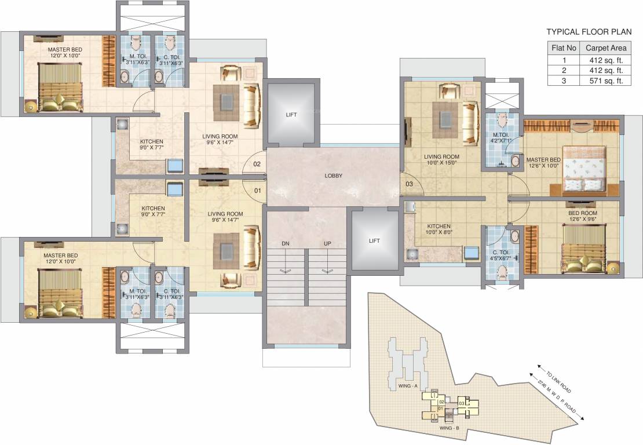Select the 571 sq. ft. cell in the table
(604, 81)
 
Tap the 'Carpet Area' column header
(606, 48)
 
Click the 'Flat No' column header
(564, 48)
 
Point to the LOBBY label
(334, 176)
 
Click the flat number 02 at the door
(257, 164)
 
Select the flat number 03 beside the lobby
(409, 184)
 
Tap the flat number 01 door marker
(258, 190)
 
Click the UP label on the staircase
(327, 243)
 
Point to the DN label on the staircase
(286, 243)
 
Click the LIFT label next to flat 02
(291, 115)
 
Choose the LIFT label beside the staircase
(374, 240)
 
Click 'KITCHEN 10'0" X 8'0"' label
(439, 229)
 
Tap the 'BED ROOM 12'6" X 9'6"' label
(583, 216)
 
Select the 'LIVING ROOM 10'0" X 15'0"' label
(441, 159)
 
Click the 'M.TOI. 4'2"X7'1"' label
(501, 137)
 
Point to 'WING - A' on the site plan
(408, 386)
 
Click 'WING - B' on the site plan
(450, 428)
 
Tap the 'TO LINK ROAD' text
(558, 382)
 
